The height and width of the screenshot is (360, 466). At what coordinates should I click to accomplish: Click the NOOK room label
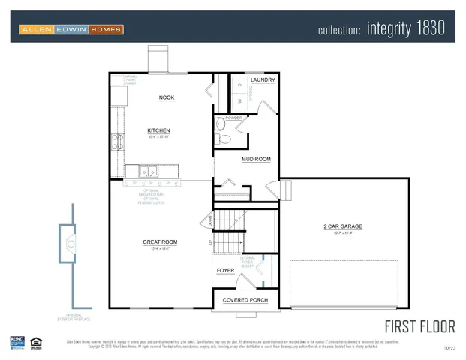click(x=167, y=97)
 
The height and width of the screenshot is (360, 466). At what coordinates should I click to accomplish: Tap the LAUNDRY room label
click(x=262, y=80)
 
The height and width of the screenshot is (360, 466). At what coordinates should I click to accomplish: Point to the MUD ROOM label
click(x=257, y=159)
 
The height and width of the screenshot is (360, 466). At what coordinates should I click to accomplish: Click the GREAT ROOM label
click(x=160, y=241)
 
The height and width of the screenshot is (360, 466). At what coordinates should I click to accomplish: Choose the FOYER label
click(x=225, y=270)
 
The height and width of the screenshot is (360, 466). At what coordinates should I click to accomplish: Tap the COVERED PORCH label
click(x=245, y=300)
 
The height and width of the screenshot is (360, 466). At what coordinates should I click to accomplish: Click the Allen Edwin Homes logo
click(x=71, y=30)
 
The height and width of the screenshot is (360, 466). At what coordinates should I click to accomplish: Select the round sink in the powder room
click(x=220, y=123)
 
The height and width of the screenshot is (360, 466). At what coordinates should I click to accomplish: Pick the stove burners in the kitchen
click(x=116, y=142)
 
